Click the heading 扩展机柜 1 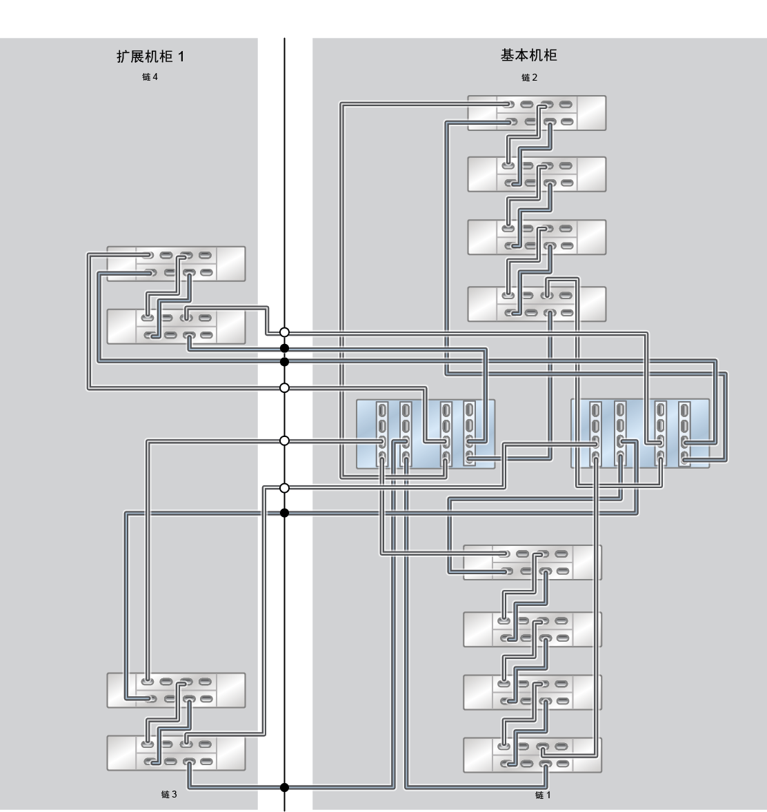[x=150, y=57]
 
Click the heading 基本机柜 [x=528, y=55]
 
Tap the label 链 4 [x=150, y=77]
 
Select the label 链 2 [x=529, y=78]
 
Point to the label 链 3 [x=169, y=794]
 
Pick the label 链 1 [x=543, y=795]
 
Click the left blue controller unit [x=426, y=434]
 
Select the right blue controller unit [x=640, y=434]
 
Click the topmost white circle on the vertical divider [x=284, y=332]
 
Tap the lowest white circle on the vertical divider [x=284, y=488]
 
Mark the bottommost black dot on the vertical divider [x=284, y=788]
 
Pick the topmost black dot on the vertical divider [x=284, y=348]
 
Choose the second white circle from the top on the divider [x=284, y=388]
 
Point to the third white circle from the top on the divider [x=284, y=440]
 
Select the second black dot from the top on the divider [x=284, y=361]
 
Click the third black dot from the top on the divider [x=284, y=513]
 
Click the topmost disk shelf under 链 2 [x=537, y=113]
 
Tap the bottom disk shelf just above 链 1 [x=532, y=755]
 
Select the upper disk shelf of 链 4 [x=176, y=263]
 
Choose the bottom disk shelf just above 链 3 [x=176, y=753]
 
